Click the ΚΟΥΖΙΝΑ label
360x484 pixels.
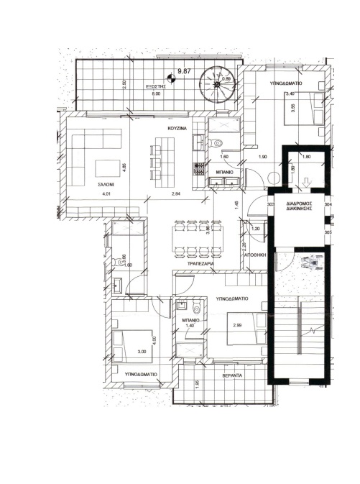(x=177, y=127)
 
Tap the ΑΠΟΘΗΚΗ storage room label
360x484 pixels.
(x=255, y=255)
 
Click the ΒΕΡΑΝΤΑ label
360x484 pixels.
(x=232, y=376)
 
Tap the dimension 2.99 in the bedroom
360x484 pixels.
(x=237, y=326)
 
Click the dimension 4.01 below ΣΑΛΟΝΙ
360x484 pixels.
(x=106, y=194)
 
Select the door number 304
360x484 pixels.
(x=328, y=205)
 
